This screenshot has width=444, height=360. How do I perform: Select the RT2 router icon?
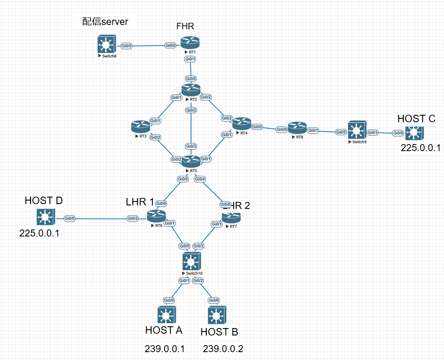pyautogui.click(x=190, y=90)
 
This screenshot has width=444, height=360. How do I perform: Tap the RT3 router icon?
pyautogui.click(x=140, y=127)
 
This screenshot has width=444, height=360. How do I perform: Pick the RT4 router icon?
pyautogui.click(x=241, y=124)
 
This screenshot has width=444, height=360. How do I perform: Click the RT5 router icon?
pyautogui.click(x=190, y=161)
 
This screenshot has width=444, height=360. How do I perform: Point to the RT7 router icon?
pyautogui.click(x=231, y=217)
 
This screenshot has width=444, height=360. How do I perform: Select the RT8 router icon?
pyautogui.click(x=297, y=128)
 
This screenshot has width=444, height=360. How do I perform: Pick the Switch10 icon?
pyautogui.click(x=190, y=262)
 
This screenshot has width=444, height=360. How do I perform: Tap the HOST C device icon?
pyautogui.click(x=414, y=132)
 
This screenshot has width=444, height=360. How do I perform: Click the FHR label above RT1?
pyautogui.click(x=185, y=26)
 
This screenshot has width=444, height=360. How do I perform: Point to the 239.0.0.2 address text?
pyautogui.click(x=223, y=349)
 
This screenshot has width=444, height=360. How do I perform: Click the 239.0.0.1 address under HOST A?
pyautogui.click(x=165, y=349)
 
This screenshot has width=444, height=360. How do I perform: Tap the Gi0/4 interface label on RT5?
pyautogui.click(x=200, y=179)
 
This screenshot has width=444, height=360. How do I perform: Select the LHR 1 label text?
pyautogui.click(x=140, y=202)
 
